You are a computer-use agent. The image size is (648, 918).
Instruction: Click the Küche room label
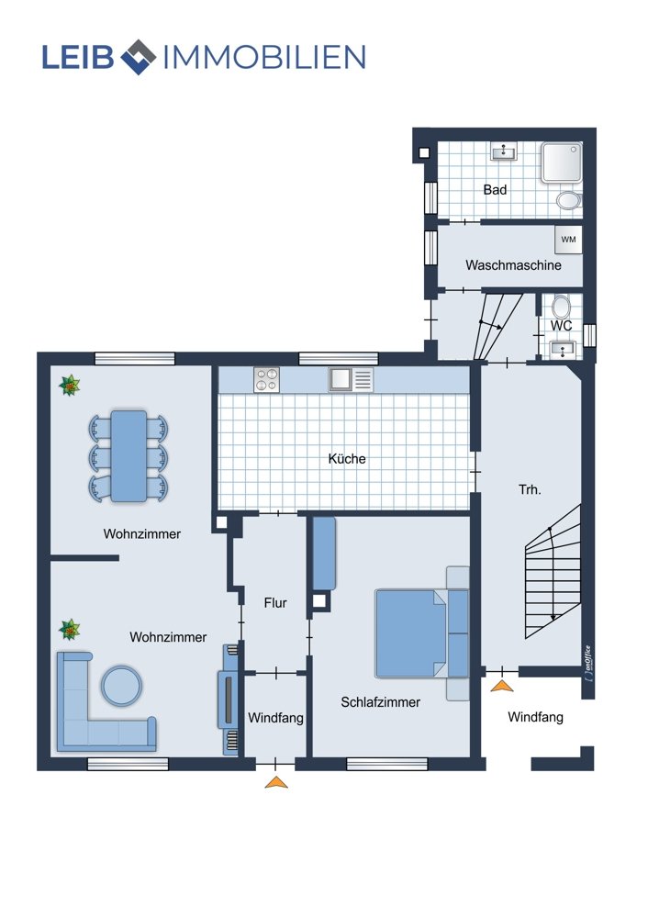tap(347, 458)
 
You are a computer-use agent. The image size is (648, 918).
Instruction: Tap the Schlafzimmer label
tap(381, 702)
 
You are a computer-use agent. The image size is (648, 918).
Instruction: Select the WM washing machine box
tap(568, 240)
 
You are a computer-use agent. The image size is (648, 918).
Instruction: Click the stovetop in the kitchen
tap(266, 379)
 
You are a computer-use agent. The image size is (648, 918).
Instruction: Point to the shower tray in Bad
tap(561, 162)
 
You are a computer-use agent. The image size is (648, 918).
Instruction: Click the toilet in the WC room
tap(562, 307)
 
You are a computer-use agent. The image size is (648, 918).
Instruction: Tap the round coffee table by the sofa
tap(121, 685)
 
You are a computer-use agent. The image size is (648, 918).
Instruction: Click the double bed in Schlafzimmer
tap(422, 633)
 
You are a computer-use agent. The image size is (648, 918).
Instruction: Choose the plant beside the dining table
tap(70, 386)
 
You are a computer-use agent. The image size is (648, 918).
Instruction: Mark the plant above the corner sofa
tap(70, 630)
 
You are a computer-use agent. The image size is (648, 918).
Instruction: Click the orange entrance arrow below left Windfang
tap(276, 782)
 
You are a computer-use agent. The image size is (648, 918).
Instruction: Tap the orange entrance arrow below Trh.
tap(502, 686)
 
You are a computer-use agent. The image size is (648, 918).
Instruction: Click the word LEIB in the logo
tap(78, 57)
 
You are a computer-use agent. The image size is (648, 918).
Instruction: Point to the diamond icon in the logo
tap(139, 57)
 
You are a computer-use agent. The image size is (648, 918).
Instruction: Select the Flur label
tap(275, 602)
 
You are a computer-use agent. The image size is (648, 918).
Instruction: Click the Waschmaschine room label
tap(513, 265)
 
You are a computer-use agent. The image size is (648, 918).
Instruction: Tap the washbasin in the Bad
tap(503, 151)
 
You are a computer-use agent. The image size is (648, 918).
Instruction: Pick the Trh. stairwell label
tap(530, 489)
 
